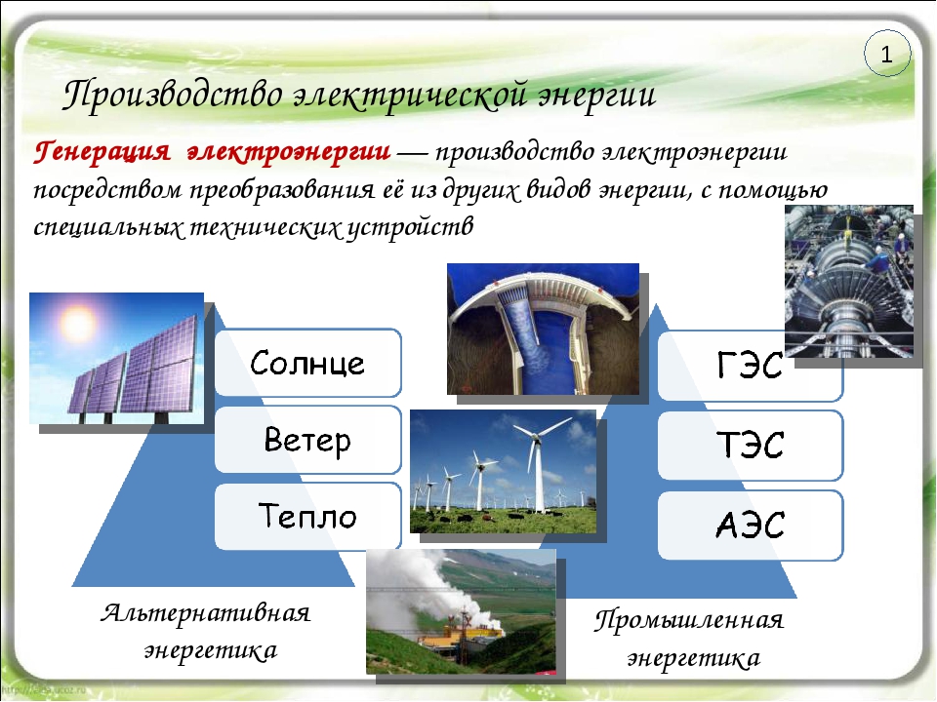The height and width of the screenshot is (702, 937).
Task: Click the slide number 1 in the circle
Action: coord(886,55)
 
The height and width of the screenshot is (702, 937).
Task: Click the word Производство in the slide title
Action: coord(173,96)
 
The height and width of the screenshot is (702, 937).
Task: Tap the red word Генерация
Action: coord(102,152)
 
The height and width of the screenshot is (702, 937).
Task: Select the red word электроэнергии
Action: coord(289,152)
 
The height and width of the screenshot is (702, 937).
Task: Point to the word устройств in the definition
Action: coord(410,227)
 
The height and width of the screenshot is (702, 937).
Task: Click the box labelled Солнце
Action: coord(307,363)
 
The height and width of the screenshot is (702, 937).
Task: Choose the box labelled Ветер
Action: coord(307,440)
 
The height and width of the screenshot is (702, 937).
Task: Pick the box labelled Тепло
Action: coord(307,516)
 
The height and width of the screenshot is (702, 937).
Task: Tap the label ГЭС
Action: coord(750,365)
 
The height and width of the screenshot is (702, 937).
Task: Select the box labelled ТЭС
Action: coord(750,446)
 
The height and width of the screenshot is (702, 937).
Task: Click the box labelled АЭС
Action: coord(750,526)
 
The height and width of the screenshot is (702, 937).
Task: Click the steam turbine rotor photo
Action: coord(848,281)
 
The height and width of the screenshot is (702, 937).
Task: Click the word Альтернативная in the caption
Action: coord(206,613)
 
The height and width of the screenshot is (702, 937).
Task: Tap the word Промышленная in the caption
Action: coord(688,620)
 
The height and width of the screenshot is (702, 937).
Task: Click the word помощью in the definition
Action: coord(773,190)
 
